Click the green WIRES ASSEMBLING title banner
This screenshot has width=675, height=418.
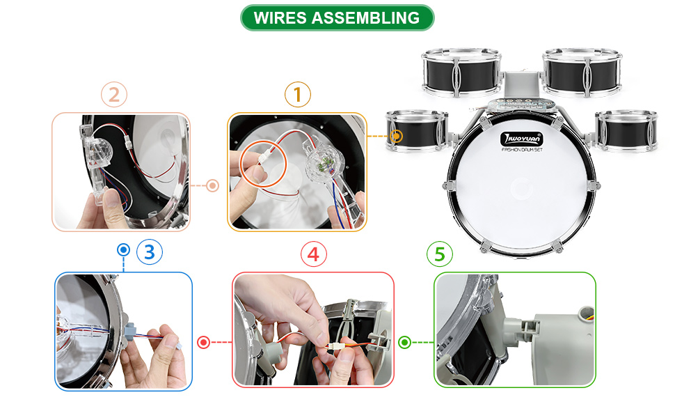tap(337, 17)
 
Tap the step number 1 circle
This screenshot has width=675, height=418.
tap(298, 94)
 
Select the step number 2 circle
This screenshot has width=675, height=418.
tap(114, 94)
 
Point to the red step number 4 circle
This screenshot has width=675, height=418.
tap(313, 254)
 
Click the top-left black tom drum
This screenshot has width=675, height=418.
tap(461, 72)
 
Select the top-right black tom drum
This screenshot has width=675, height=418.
tap(581, 72)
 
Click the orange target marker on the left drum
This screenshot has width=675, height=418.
tap(397, 136)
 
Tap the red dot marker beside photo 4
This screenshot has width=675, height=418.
tap(203, 342)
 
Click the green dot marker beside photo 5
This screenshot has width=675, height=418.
tap(405, 342)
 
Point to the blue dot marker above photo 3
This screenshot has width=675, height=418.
tap(124, 249)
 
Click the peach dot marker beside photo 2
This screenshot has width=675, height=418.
tap(213, 186)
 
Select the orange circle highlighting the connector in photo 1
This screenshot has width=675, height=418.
tap(262, 167)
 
